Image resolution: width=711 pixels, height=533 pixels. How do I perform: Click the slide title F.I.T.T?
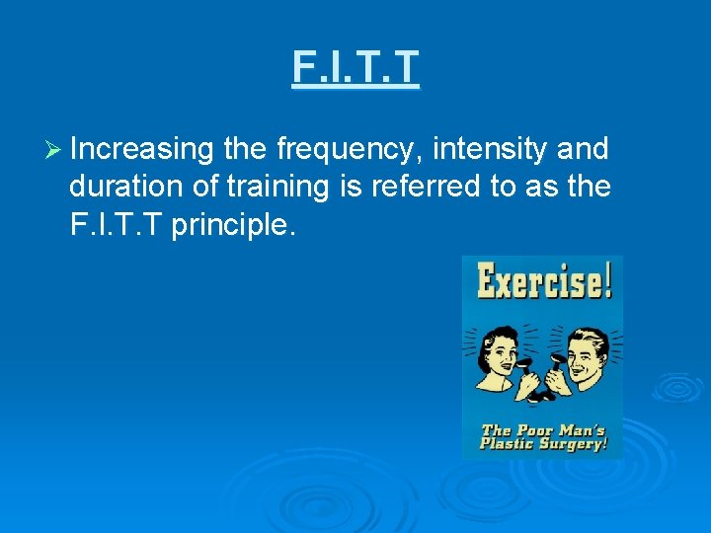[355, 67]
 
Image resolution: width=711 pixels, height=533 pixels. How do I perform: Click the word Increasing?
[142, 149]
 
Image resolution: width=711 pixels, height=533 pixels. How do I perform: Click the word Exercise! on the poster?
[543, 280]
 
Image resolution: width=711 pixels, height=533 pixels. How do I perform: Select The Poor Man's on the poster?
[542, 428]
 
